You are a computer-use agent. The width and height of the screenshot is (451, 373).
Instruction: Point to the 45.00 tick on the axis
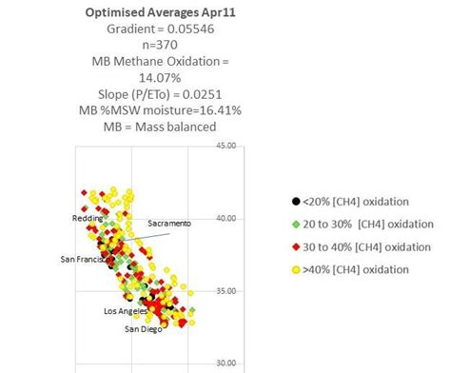pos(225,146)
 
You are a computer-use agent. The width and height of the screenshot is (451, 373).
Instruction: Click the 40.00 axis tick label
pos(225,218)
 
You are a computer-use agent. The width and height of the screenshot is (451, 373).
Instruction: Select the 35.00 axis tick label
pos(225,291)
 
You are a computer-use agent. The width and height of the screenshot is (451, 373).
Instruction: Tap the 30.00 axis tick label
pos(225,363)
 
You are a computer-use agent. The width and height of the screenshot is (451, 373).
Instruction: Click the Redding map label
pos(88,219)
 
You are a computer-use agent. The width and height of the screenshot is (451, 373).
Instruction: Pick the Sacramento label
pos(169,223)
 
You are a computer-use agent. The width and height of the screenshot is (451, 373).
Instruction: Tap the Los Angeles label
pos(126,311)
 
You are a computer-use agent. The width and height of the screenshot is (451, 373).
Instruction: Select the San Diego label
pos(144,329)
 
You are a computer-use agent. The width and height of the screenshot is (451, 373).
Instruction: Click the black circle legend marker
pos(296,201)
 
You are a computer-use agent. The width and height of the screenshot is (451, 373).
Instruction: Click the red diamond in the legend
pos(296,246)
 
